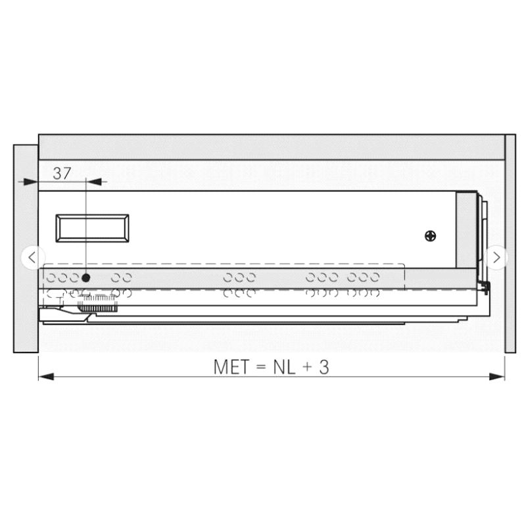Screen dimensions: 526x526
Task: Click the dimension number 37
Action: point(62,174)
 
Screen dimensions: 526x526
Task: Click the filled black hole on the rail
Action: point(86,277)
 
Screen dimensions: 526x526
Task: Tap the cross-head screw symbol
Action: point(431,236)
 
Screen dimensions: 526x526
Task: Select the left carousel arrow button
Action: point(32,258)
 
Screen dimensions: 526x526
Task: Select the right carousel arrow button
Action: point(496,258)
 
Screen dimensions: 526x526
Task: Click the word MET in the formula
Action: point(231,367)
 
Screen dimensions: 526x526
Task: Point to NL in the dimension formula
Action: point(284,367)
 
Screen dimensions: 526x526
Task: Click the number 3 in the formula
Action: point(323,367)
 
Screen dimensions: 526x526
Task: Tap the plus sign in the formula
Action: point(307,368)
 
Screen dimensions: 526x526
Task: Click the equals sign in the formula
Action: point(261,368)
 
